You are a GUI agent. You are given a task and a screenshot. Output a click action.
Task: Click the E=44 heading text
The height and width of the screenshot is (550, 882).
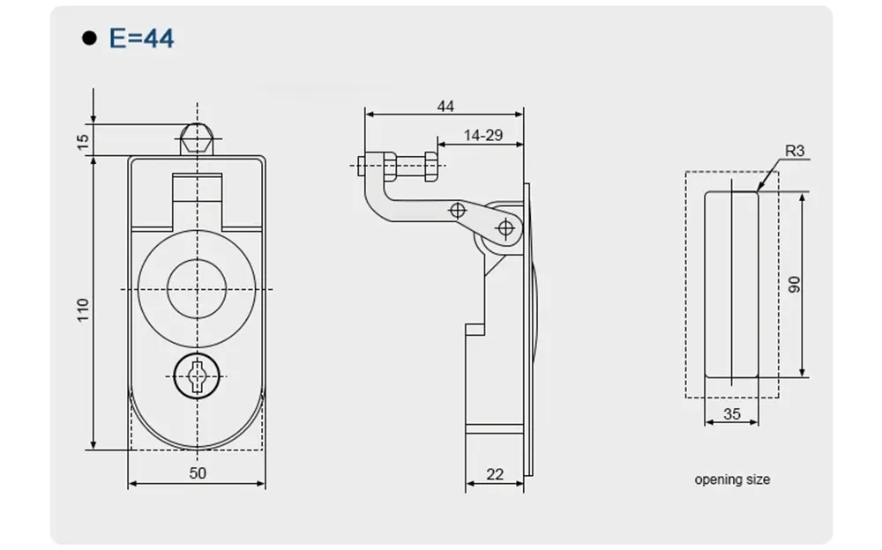(141, 38)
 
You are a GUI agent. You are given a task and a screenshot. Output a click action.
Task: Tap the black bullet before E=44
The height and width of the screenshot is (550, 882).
(88, 38)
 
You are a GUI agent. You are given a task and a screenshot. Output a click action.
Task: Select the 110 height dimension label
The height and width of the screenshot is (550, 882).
(83, 309)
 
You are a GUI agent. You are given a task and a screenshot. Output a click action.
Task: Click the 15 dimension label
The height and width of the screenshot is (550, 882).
(83, 140)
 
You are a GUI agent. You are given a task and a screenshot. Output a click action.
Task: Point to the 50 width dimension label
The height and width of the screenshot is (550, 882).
(198, 473)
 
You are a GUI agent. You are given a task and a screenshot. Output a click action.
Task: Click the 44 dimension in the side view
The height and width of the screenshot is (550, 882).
(445, 106)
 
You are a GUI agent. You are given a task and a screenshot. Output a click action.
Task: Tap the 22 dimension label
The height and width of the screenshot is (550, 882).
(495, 474)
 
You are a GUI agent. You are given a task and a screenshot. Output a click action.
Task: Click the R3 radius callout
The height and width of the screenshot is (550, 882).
(795, 151)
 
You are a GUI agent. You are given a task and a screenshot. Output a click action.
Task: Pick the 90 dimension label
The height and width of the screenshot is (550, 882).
(793, 285)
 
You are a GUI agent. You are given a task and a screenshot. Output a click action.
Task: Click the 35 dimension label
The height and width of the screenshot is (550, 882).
(731, 413)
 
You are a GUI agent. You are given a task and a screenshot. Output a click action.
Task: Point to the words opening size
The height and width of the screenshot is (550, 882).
(732, 479)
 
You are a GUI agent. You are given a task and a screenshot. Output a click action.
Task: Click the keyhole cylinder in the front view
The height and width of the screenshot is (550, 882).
(198, 376)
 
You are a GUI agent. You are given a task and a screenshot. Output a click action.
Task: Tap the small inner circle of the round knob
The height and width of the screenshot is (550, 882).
(198, 289)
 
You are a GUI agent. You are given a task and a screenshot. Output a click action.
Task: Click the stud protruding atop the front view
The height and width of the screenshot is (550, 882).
(198, 139)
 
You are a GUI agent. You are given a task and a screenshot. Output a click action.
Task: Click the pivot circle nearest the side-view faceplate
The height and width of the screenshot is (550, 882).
(505, 228)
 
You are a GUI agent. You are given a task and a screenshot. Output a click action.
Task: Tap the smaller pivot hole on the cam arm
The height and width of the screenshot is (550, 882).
(457, 210)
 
